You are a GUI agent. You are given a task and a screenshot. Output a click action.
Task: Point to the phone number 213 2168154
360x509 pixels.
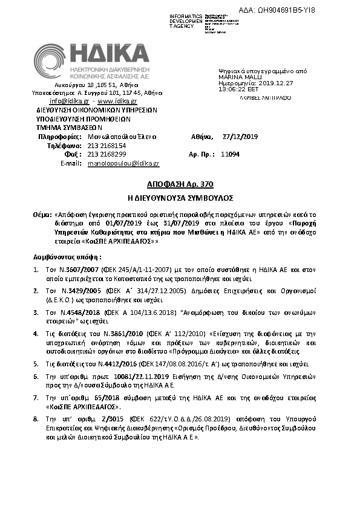click(x=106, y=146)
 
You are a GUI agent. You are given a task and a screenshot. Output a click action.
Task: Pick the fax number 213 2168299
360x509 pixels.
click(x=106, y=154)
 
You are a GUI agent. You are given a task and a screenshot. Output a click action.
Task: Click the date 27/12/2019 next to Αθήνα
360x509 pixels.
click(x=240, y=137)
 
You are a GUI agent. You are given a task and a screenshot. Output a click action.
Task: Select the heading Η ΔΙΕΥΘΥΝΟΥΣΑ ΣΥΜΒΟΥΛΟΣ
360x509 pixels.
click(x=180, y=198)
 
